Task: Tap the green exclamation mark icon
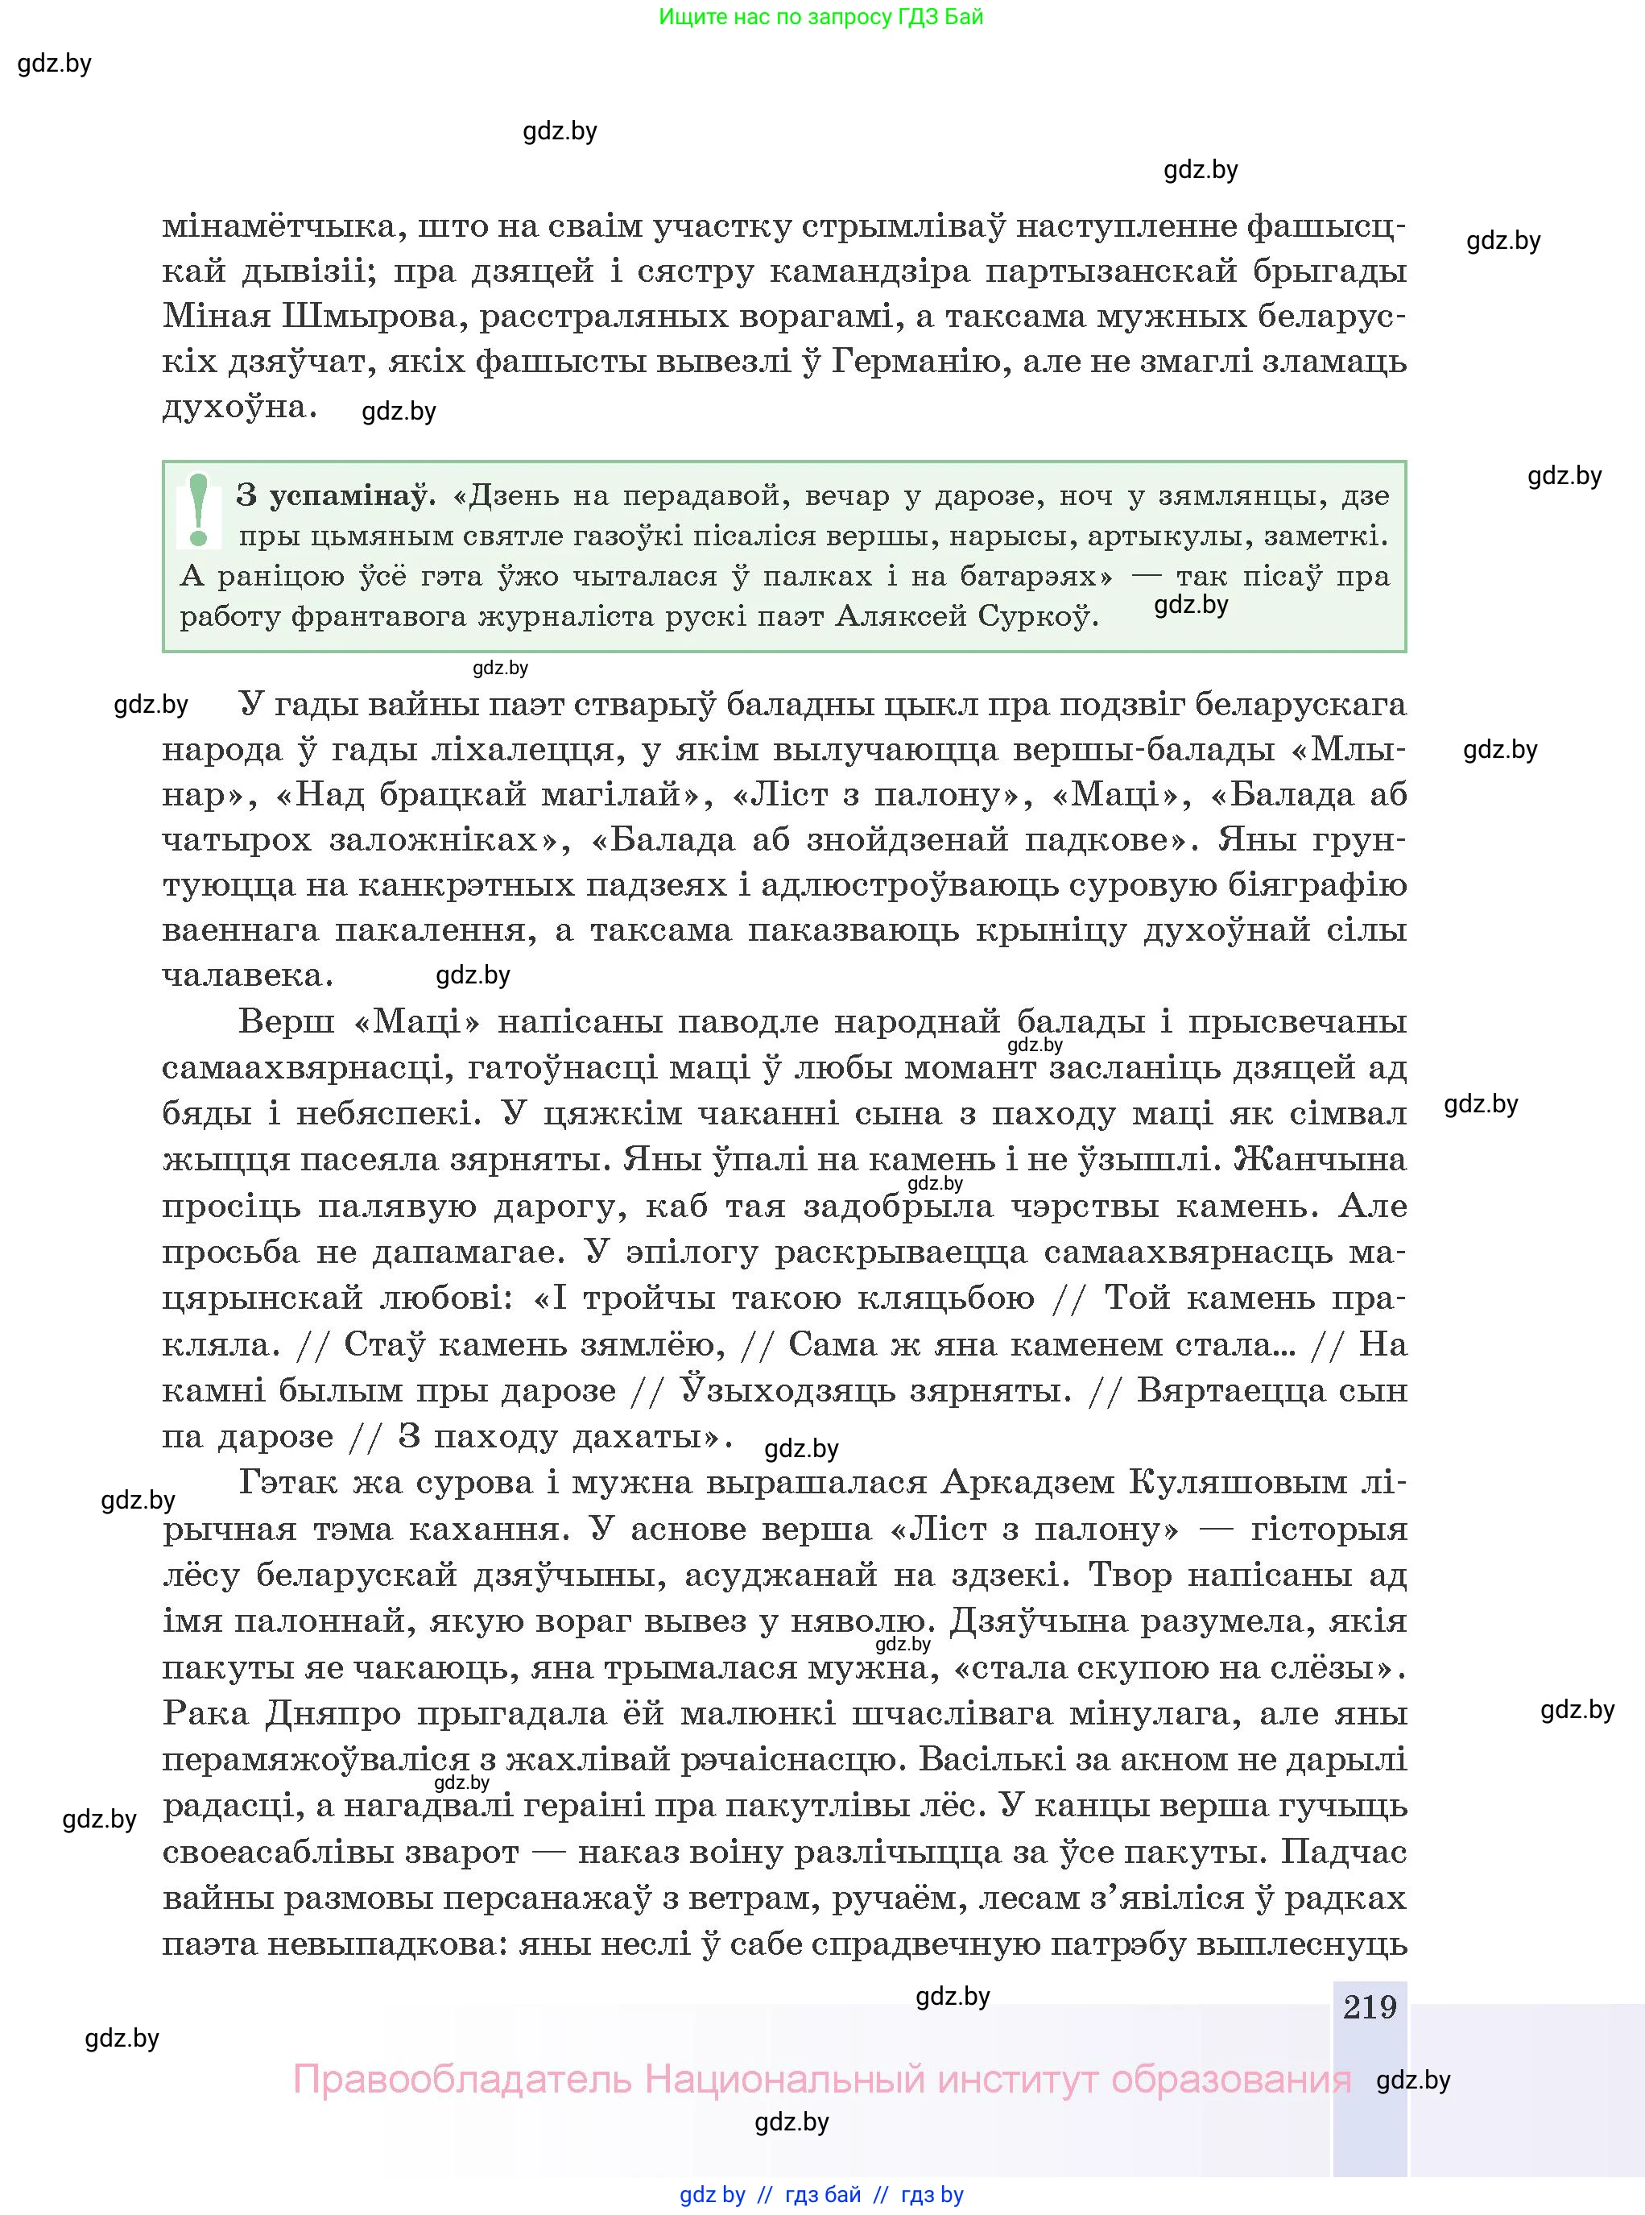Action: coord(198,510)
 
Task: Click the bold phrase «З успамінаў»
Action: coord(336,495)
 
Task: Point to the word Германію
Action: coord(914,362)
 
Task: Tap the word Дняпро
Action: coord(335,1713)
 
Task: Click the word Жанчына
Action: coord(1320,1159)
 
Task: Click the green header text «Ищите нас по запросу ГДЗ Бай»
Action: coord(820,17)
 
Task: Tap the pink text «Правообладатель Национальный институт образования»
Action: coord(821,2079)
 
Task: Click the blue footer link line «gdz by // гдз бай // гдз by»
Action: coord(821,2194)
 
